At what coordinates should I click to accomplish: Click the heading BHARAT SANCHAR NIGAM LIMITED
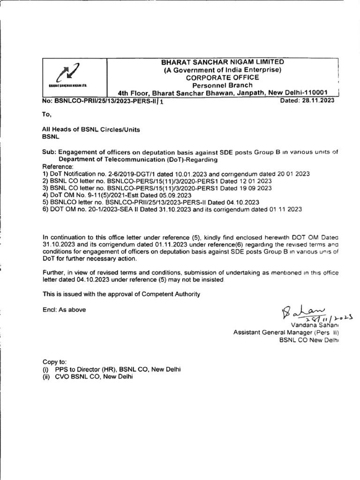(222, 62)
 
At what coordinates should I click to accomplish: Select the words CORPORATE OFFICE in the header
(222, 77)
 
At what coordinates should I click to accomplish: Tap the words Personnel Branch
(222, 85)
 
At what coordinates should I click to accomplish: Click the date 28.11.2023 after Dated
(319, 100)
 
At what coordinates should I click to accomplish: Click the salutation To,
(46, 114)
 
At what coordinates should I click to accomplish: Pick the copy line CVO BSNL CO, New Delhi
(94, 376)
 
